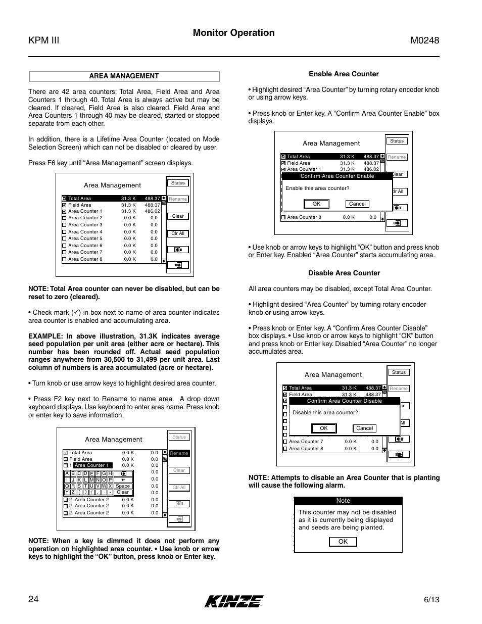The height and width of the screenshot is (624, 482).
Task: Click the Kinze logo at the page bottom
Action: [234, 601]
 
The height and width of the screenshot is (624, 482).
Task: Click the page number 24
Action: [33, 599]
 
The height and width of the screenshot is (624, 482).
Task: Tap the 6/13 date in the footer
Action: [431, 600]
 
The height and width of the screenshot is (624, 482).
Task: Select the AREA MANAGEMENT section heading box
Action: [124, 76]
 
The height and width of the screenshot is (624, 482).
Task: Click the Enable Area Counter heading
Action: [344, 74]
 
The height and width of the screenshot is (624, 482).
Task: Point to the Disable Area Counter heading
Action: [344, 273]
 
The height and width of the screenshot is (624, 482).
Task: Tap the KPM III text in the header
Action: [44, 40]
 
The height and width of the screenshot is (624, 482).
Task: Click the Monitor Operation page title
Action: [233, 33]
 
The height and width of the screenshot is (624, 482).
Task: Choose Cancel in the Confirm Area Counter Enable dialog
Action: [357, 204]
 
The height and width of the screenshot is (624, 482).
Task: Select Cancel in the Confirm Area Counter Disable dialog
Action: [364, 428]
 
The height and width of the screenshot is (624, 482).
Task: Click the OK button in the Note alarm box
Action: [343, 542]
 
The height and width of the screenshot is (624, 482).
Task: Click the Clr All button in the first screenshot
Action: [178, 233]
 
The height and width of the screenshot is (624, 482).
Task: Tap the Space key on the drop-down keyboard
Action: [123, 486]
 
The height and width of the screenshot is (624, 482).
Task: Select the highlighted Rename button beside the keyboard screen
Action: [179, 453]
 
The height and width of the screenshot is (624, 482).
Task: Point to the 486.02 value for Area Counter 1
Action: [152, 211]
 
